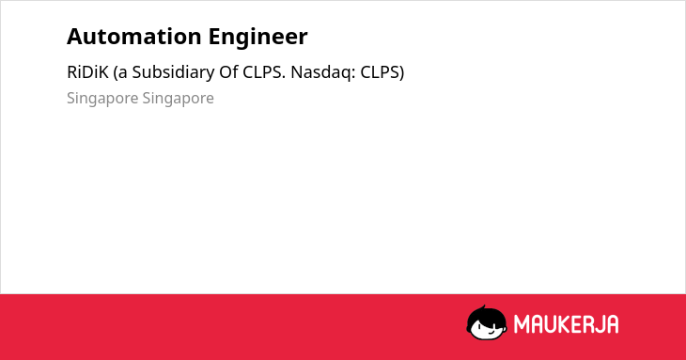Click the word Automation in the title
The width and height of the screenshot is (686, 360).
[133, 37]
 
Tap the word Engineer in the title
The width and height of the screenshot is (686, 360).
[257, 38]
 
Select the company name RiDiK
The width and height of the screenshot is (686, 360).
[87, 72]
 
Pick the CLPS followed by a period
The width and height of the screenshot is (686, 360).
[264, 72]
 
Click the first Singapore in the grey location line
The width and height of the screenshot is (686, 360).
[102, 99]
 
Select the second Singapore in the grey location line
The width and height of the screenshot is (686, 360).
[178, 99]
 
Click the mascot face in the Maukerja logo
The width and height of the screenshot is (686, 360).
[487, 322]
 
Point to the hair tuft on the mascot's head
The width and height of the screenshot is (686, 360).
[483, 308]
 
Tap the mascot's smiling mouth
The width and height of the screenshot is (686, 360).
[491, 332]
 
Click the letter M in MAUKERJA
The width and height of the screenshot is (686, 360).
[522, 324]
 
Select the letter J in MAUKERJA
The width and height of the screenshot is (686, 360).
[600, 324]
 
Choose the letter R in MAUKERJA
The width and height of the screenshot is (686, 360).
[588, 324]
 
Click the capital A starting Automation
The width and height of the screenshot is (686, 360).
[74, 37]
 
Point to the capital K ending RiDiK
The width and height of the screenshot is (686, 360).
[103, 72]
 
